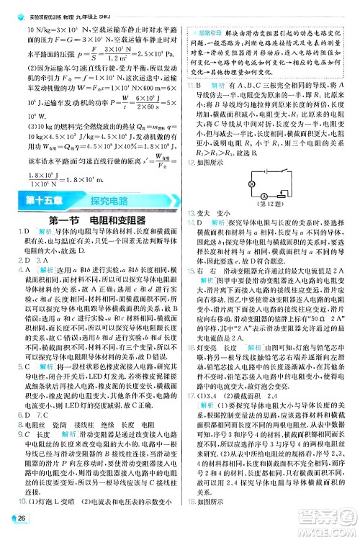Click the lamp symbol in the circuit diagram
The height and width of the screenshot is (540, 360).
coord(251,184)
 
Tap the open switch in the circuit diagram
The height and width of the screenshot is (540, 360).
coord(284,171)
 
